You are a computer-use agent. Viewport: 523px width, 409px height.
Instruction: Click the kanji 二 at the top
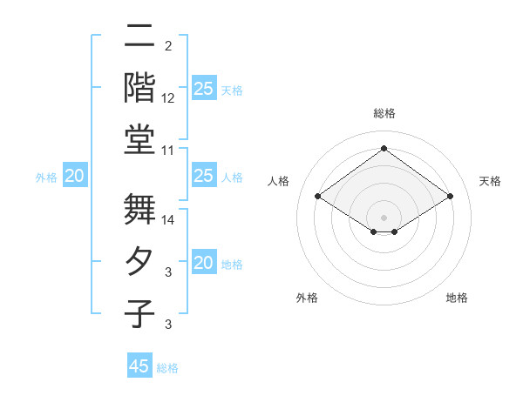139,37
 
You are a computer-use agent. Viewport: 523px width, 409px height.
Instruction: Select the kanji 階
139,86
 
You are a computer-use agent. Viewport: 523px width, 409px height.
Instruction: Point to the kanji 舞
139,210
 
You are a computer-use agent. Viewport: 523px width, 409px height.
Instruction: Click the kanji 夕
139,261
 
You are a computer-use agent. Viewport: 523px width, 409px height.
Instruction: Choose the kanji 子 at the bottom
139,312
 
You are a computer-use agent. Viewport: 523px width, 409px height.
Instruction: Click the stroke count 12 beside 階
168,98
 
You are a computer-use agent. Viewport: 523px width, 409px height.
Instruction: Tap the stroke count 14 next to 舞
168,221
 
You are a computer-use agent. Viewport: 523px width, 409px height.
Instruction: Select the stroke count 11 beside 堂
168,150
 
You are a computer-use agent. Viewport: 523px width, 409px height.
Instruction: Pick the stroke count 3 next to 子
167,325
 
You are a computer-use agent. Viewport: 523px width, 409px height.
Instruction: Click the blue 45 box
139,366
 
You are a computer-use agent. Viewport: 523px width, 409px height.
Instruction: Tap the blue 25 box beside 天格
203,89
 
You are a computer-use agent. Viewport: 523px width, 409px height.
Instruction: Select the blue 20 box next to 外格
74,177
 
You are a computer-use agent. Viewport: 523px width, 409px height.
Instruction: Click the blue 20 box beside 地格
203,263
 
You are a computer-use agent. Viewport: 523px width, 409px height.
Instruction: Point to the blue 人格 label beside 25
232,178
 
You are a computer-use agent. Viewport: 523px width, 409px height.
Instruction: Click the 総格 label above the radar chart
384,113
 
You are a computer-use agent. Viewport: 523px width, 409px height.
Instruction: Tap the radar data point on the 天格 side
451,197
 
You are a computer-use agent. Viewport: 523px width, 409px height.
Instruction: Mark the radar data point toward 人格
317,197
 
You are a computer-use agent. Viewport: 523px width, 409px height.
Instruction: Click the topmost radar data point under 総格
384,148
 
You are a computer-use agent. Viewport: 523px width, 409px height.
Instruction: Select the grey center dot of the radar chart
384,216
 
